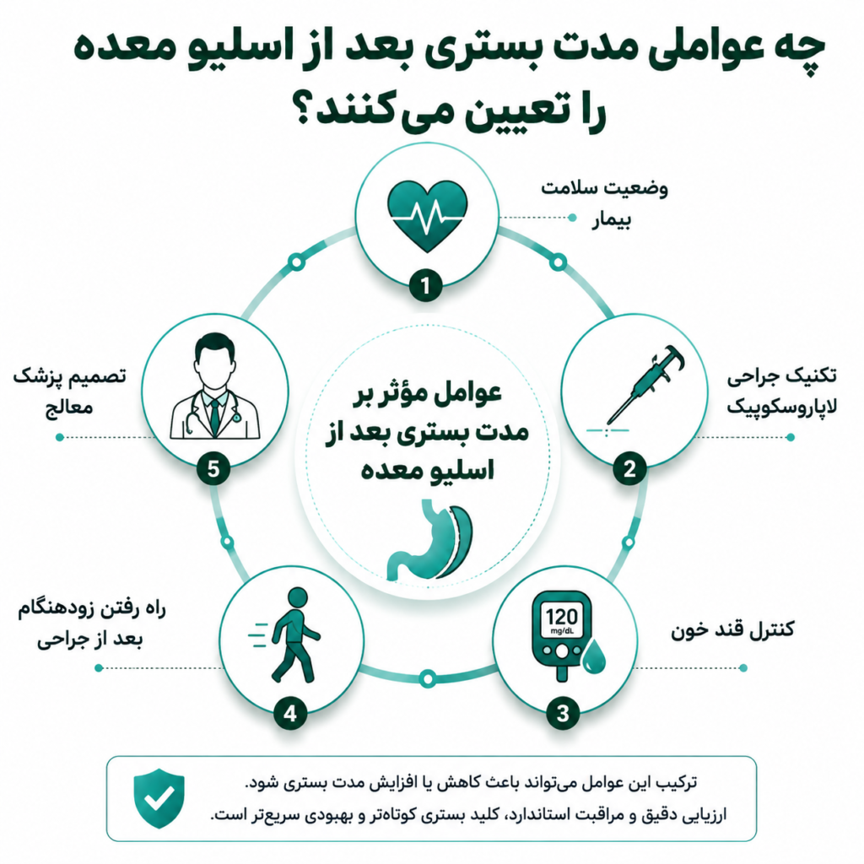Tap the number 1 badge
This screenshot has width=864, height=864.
[x=425, y=285]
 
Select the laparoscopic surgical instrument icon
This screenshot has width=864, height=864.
[x=644, y=385]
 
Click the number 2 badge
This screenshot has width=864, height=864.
[x=629, y=469]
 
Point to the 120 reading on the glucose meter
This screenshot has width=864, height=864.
[x=561, y=617]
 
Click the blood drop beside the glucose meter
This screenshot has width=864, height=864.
[x=593, y=656]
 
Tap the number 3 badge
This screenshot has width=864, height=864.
[x=563, y=713]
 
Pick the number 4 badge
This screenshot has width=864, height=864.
[x=290, y=713]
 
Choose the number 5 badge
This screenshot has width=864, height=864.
[x=213, y=469]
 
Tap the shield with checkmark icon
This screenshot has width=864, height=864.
[x=159, y=798]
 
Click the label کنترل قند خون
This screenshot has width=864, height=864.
[x=732, y=629]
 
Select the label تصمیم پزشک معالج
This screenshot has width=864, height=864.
[x=70, y=391]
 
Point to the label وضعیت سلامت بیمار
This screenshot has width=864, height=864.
[x=604, y=203]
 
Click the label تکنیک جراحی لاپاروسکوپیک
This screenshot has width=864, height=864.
[x=781, y=391]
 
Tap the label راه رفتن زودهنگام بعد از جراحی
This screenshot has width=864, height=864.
[x=91, y=624]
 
